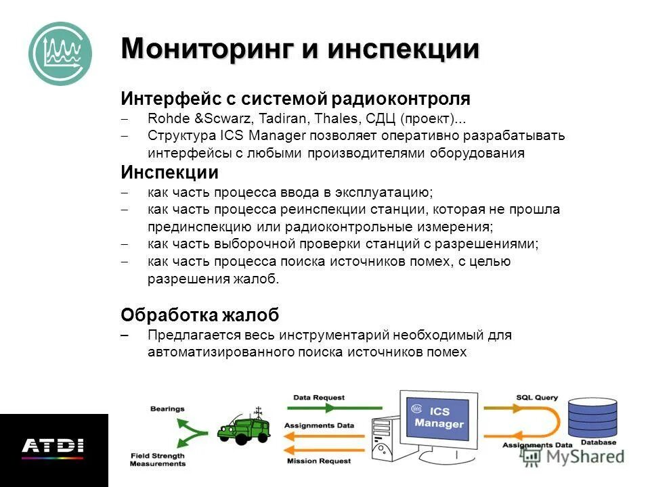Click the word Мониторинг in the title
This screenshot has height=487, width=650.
(204, 49)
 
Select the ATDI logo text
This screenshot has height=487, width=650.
(52, 446)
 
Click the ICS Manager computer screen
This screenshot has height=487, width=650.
(438, 418)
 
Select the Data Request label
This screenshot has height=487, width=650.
(318, 398)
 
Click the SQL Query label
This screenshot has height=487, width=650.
(537, 398)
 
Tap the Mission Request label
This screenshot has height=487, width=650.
(318, 461)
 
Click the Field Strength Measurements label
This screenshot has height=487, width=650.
(158, 460)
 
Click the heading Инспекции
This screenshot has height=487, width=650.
(169, 172)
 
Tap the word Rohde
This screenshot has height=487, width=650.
(165, 119)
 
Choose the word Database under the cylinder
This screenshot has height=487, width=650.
(598, 442)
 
